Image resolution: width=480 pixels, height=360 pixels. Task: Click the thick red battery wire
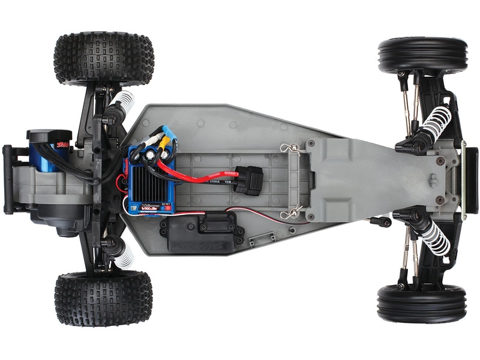(198, 175)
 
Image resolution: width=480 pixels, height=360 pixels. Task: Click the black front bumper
(471, 179)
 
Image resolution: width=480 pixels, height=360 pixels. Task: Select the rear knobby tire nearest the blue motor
(103, 59)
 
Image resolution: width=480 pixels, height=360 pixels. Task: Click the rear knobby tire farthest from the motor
(103, 298)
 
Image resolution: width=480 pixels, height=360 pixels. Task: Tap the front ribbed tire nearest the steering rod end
(422, 303)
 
